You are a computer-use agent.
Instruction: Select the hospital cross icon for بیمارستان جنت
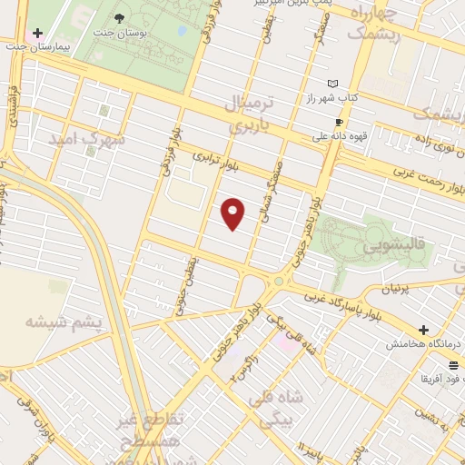pos(36,31)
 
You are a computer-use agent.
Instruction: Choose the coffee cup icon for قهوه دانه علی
pos(339,122)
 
